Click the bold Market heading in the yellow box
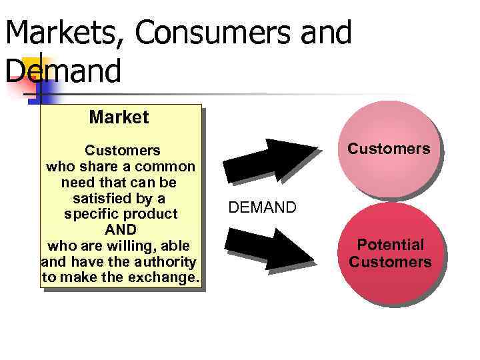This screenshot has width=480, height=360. click(119, 118)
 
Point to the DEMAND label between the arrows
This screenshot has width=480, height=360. click(262, 207)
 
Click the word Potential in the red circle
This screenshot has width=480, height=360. click(390, 245)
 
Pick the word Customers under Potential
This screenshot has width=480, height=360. click(390, 262)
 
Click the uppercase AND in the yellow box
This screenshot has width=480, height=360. click(121, 230)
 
